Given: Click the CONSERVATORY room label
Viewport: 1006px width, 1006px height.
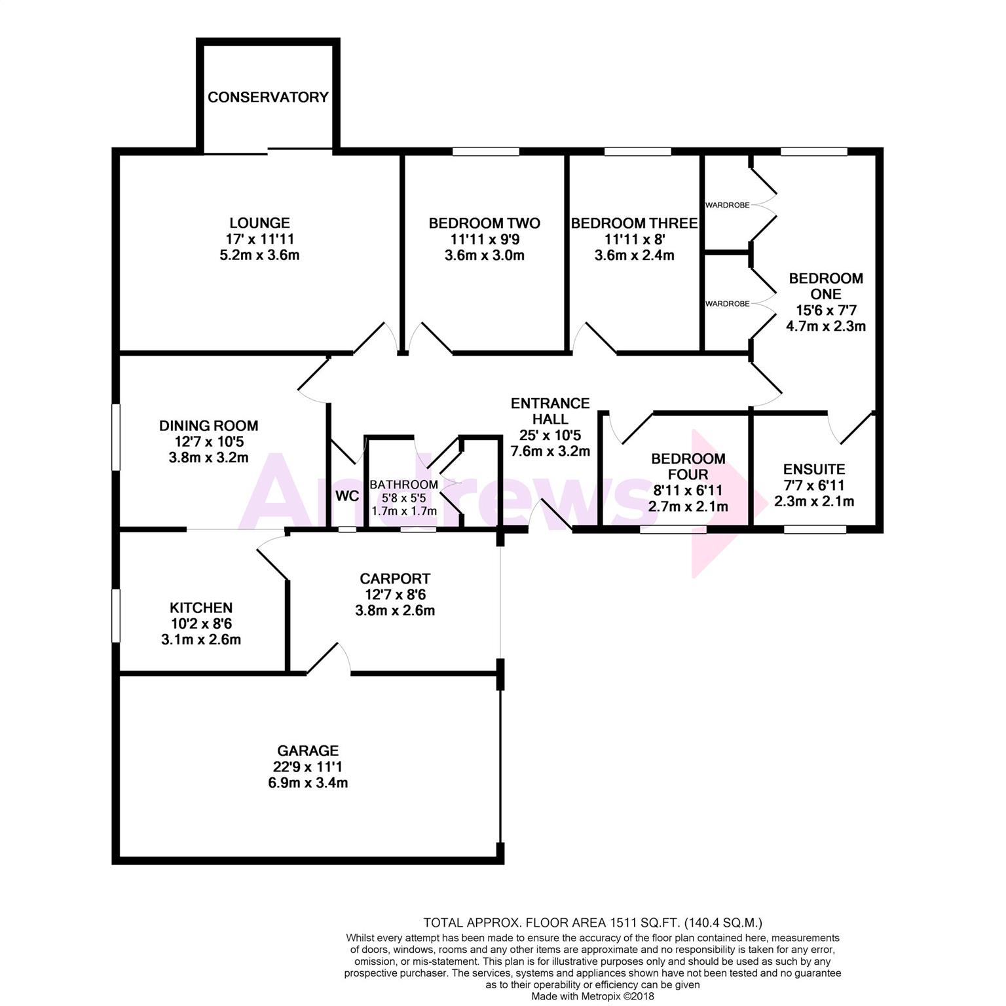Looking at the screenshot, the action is point(268,97).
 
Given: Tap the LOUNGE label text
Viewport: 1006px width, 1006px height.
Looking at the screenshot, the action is point(259,223).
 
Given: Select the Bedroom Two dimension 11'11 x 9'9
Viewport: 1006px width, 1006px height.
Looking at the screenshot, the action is point(484,240).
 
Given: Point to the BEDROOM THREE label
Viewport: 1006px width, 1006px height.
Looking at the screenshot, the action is point(634,223).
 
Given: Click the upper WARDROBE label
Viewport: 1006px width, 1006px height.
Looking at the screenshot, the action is point(727,205).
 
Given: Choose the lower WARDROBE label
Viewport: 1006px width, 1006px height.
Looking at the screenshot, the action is point(727,304).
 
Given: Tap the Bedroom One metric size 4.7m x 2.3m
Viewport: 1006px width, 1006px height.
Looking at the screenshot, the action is point(826,326).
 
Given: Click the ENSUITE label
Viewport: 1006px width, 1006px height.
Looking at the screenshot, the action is point(814,470).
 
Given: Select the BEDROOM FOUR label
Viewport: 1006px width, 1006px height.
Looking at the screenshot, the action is point(688,466).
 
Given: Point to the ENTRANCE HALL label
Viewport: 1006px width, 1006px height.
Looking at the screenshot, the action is point(550,411).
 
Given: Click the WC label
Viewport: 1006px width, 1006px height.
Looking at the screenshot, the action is point(347,496).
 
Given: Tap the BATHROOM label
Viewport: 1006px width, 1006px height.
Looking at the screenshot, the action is point(403,485).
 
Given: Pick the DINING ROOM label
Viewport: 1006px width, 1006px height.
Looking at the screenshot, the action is point(208,426).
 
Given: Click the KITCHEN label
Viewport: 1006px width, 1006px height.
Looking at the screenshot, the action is point(201,608).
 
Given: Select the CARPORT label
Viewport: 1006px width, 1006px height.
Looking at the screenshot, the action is point(395,579).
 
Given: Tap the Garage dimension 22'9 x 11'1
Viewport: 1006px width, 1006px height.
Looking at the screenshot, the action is point(307,767).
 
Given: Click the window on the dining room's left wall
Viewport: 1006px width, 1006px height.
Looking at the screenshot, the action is point(116,436).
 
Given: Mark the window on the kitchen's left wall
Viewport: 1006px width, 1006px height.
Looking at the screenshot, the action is point(116,616).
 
